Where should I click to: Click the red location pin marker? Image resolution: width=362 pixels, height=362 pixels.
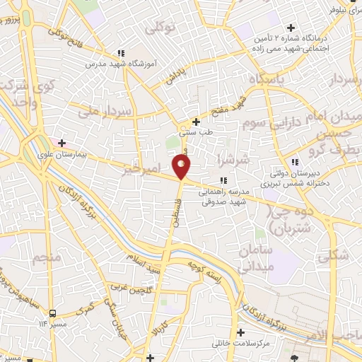(x=182, y=167)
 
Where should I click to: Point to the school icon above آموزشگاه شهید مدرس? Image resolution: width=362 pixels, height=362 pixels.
(x=122, y=52)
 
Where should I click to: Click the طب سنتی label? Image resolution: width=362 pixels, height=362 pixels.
(x=194, y=132)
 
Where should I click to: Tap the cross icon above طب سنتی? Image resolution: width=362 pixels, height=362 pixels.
(x=196, y=122)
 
